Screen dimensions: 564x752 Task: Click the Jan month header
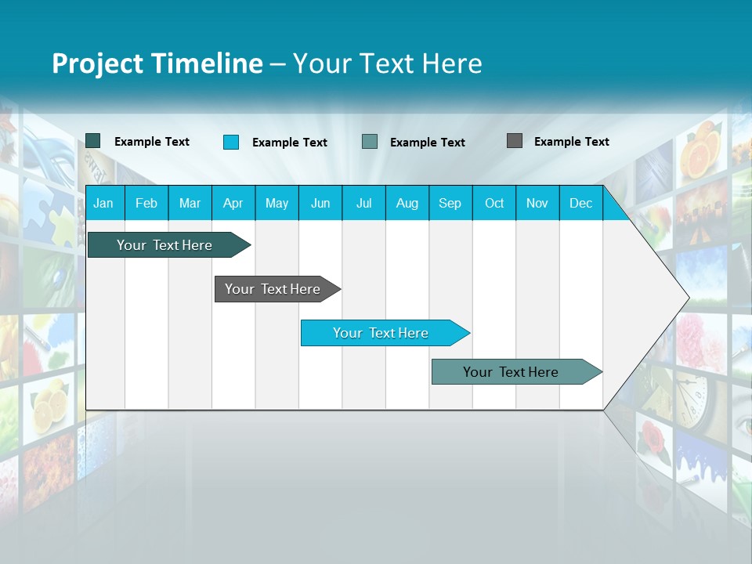(x=103, y=203)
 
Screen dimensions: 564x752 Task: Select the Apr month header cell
(x=233, y=203)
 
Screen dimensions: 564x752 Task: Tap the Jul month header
(x=363, y=203)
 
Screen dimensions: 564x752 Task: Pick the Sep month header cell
(x=450, y=203)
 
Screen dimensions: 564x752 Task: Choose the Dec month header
(x=580, y=203)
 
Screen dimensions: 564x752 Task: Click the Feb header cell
(x=146, y=203)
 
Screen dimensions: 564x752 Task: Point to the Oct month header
(x=493, y=203)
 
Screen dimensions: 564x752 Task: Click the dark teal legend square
(x=93, y=141)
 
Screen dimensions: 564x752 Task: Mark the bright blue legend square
(x=231, y=142)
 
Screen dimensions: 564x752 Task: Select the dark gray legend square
(x=515, y=141)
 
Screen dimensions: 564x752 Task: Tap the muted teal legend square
(x=370, y=142)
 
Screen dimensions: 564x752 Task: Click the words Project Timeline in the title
(x=157, y=63)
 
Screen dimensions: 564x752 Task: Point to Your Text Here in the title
(x=387, y=63)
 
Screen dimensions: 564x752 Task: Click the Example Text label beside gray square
(x=571, y=141)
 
